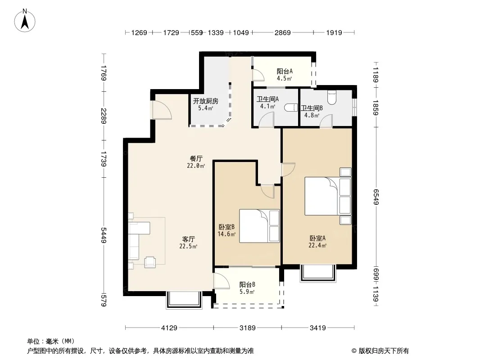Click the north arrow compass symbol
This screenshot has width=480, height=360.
[x=25, y=21]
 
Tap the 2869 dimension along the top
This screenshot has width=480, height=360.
[x=282, y=32]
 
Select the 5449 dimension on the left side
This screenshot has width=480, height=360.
[x=104, y=235]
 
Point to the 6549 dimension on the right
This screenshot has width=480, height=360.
[x=376, y=197]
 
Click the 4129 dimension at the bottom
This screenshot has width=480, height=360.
[x=169, y=328]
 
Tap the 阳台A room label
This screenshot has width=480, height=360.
[x=285, y=71]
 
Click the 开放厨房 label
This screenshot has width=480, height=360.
[x=205, y=101]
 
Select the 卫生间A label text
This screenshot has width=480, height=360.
[x=267, y=99]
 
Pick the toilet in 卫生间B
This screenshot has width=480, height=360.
[x=332, y=97]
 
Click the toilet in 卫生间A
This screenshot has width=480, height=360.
[x=290, y=108]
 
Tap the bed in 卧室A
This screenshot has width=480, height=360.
[x=328, y=196]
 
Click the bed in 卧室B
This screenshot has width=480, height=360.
[x=259, y=226]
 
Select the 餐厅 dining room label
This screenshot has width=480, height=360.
[x=196, y=158]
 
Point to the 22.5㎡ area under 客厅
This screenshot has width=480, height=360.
[x=188, y=246]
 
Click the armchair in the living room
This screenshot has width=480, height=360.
[x=150, y=262]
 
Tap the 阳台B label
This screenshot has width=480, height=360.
[x=247, y=284]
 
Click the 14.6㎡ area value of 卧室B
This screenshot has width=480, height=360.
[x=226, y=234]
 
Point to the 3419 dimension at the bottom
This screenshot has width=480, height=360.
[x=318, y=328]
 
